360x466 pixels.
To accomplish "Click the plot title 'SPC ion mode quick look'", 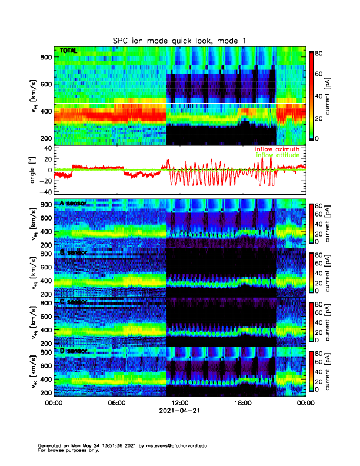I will (x=179, y=41).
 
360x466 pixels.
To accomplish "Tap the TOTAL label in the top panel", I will (x=68, y=51).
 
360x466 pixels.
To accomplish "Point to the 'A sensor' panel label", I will (x=74, y=204).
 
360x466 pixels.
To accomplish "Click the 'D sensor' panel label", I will (x=74, y=351).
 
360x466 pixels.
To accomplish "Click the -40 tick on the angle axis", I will (x=45, y=192).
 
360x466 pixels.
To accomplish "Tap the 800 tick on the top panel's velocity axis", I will (x=45, y=57).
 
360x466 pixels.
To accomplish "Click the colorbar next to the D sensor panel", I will (x=313, y=371).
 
